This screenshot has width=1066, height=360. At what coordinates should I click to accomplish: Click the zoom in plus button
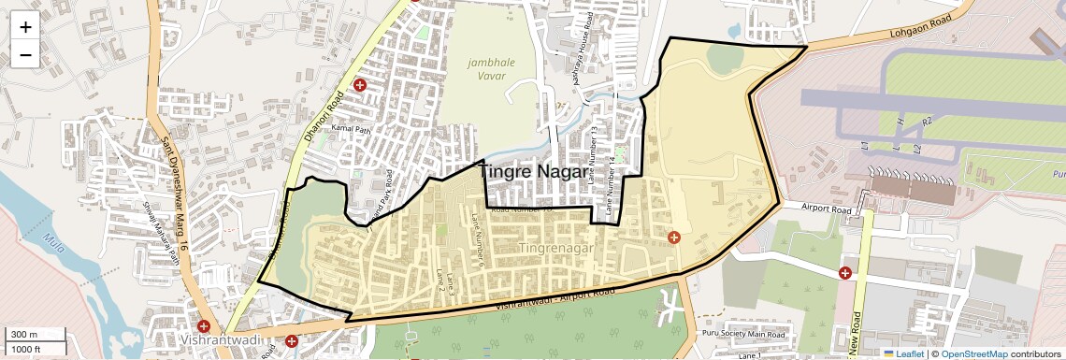click(x=25, y=26)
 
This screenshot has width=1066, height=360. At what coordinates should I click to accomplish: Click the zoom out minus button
click(x=25, y=54)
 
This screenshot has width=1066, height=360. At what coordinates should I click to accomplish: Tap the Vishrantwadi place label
click(x=222, y=339)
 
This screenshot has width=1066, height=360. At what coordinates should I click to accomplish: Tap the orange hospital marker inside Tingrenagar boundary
click(x=674, y=238)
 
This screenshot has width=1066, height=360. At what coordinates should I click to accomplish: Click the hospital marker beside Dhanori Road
click(x=359, y=86)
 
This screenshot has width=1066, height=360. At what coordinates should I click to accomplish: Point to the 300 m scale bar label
click(x=24, y=335)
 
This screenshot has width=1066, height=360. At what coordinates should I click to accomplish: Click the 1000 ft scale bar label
click(x=26, y=349)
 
